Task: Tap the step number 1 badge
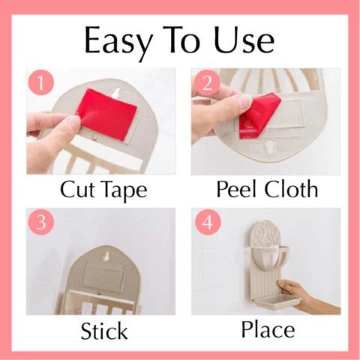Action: (x=38, y=82)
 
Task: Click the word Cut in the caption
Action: (x=79, y=187)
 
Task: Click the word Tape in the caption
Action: (x=127, y=189)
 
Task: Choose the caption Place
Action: (x=268, y=329)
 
